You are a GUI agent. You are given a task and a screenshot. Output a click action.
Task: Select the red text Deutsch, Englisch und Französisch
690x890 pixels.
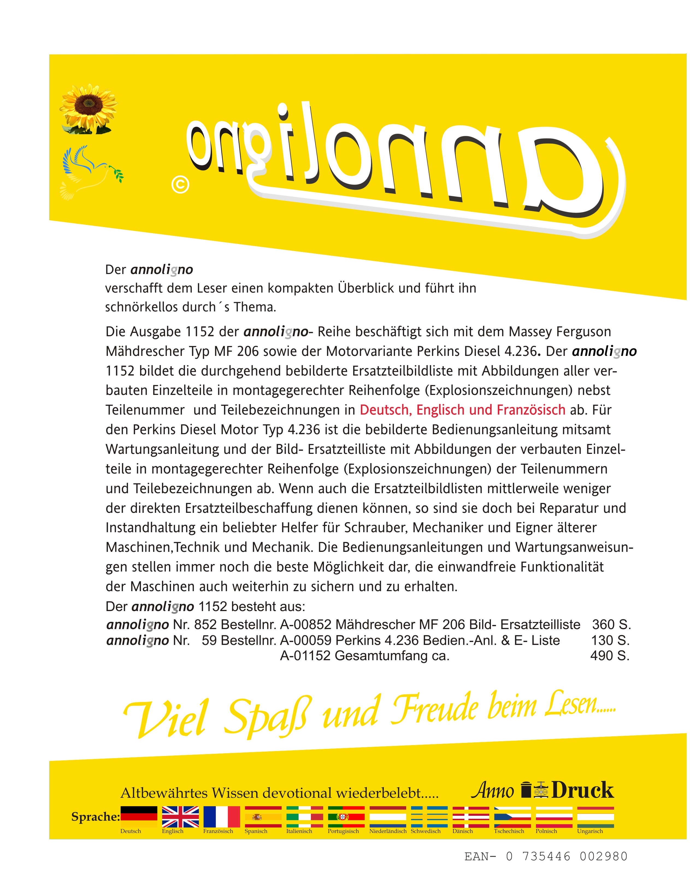coord(462,410)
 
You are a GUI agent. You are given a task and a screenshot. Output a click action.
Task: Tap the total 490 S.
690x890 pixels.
coord(610,656)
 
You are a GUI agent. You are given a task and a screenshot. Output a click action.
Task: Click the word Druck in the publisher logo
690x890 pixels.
coord(582,790)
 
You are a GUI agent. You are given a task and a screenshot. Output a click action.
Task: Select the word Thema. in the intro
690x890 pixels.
coord(255,307)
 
